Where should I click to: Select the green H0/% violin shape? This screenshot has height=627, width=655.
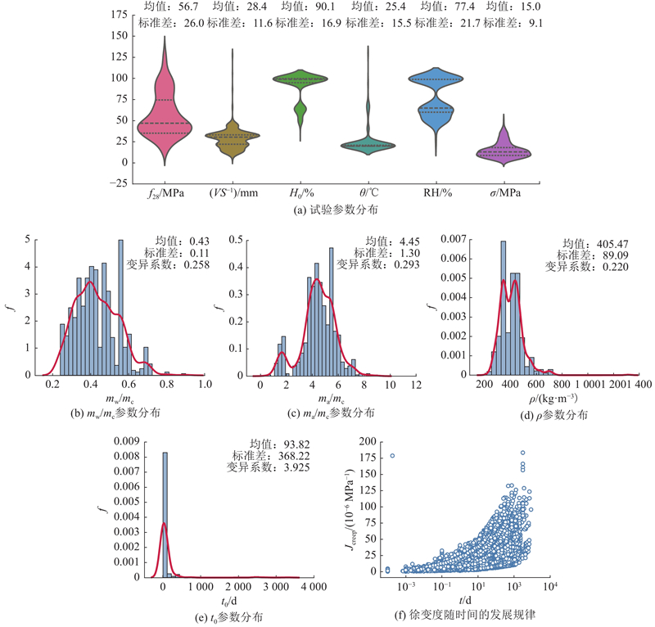click(299, 80)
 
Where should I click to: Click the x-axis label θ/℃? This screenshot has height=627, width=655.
click(366, 193)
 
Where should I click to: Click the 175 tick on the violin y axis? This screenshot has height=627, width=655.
click(120, 15)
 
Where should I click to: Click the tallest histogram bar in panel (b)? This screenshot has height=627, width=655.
click(120, 307)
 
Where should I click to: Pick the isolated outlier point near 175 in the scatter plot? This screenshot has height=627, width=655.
click(392, 456)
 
